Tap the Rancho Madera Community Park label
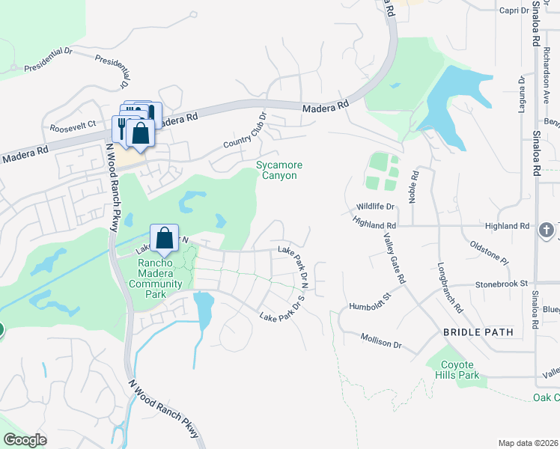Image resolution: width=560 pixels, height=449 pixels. [x=159, y=273]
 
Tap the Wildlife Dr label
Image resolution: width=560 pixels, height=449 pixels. [x=376, y=206]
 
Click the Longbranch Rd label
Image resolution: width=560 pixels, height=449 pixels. [x=448, y=288]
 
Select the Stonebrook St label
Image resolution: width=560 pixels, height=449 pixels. [x=503, y=284]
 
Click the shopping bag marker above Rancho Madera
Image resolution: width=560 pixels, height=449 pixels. [x=164, y=239]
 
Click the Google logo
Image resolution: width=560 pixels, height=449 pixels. [x=25, y=440]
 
